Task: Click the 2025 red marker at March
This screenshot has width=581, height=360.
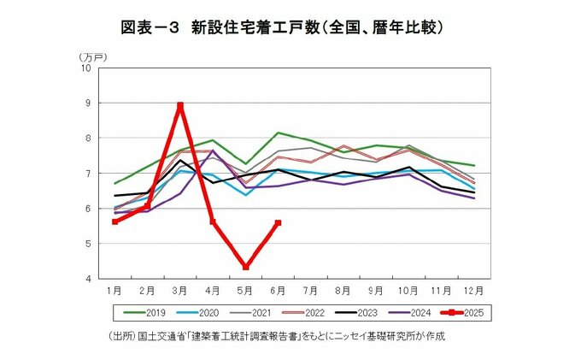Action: click(180, 106)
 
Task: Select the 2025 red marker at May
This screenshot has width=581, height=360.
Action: click(246, 267)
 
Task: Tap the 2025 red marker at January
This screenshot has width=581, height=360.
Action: click(115, 221)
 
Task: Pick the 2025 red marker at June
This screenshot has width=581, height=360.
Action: click(278, 223)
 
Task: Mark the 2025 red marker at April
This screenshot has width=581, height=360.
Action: click(213, 221)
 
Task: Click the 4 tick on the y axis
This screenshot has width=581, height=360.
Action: click(88, 279)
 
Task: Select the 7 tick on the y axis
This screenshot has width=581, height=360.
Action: click(88, 174)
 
